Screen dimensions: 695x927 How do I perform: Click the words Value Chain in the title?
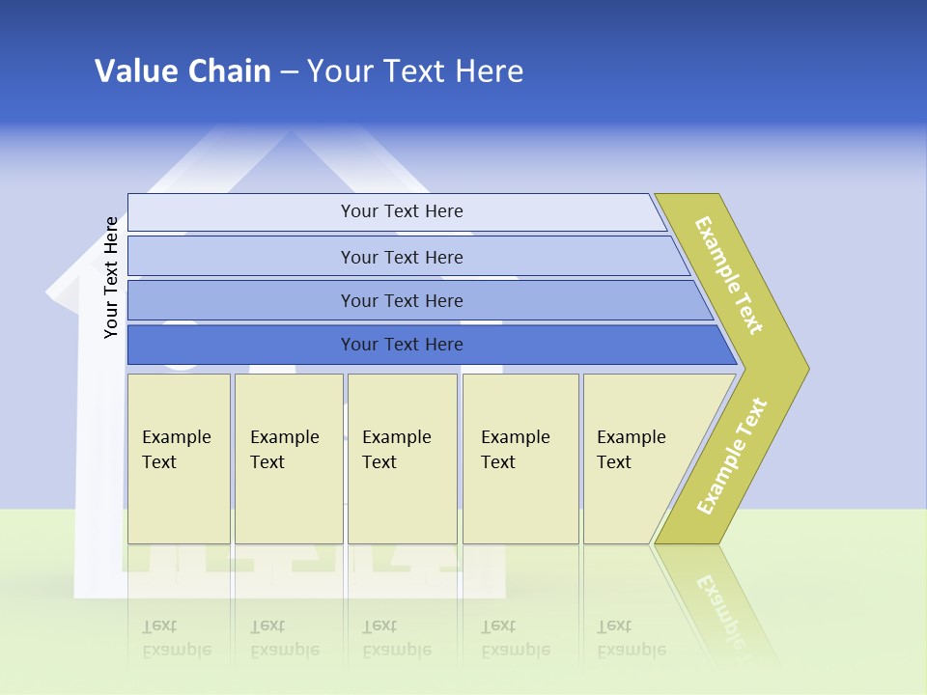tap(183, 71)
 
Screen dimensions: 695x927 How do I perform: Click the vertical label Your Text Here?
tap(111, 277)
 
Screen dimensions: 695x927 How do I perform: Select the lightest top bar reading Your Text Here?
tap(401, 211)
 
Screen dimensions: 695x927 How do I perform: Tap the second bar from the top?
tap(401, 257)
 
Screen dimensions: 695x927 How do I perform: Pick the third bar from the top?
tap(401, 300)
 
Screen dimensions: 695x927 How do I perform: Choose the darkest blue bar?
tap(401, 345)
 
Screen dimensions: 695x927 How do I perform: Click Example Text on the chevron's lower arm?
tap(732, 456)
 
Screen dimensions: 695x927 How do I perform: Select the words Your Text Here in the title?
tap(415, 71)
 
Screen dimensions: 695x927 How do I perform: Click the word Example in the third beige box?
tap(396, 437)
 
